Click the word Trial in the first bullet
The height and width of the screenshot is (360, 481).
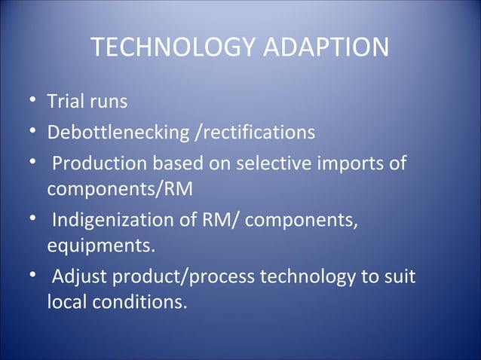click(x=66, y=100)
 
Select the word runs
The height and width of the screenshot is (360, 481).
click(x=109, y=100)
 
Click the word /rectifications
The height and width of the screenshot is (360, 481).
click(x=254, y=133)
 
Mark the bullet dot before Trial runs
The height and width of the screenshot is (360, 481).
click(x=34, y=100)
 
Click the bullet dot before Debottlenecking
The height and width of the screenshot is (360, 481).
click(x=34, y=133)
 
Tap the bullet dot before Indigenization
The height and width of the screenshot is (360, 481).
click(x=34, y=222)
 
